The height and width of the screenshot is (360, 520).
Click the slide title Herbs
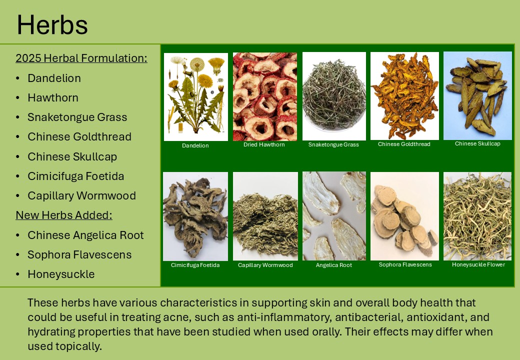pyautogui.click(x=52, y=25)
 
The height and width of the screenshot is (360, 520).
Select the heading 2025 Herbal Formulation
pyautogui.click(x=81, y=58)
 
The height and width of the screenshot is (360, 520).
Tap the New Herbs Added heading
pyautogui.click(x=64, y=215)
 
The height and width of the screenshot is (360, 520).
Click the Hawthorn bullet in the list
pyautogui.click(x=53, y=98)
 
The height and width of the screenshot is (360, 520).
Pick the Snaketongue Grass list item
pyautogui.click(x=77, y=117)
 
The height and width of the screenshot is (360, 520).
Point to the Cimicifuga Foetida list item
pyautogui.click(x=76, y=176)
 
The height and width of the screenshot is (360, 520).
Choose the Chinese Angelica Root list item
pyautogui.click(x=85, y=235)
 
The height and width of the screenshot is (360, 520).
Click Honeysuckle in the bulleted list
pyautogui.click(x=61, y=274)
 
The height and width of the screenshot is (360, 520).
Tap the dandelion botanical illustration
pyautogui.click(x=196, y=97)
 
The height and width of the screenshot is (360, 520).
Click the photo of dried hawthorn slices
pyautogui.click(x=265, y=96)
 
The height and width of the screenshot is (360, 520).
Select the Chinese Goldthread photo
pyautogui.click(x=404, y=96)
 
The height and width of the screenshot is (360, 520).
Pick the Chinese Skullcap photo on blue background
pyautogui.click(x=477, y=95)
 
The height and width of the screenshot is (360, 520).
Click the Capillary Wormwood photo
pyautogui.click(x=265, y=216)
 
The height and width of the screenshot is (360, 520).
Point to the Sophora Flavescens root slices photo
pyautogui.click(x=404, y=216)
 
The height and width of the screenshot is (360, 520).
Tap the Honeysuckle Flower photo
pyautogui.click(x=477, y=216)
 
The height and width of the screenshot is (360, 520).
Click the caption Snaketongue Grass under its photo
pyautogui.click(x=333, y=144)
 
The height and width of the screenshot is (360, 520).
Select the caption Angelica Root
pyautogui.click(x=334, y=265)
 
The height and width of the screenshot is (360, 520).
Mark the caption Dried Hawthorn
pyautogui.click(x=264, y=144)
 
